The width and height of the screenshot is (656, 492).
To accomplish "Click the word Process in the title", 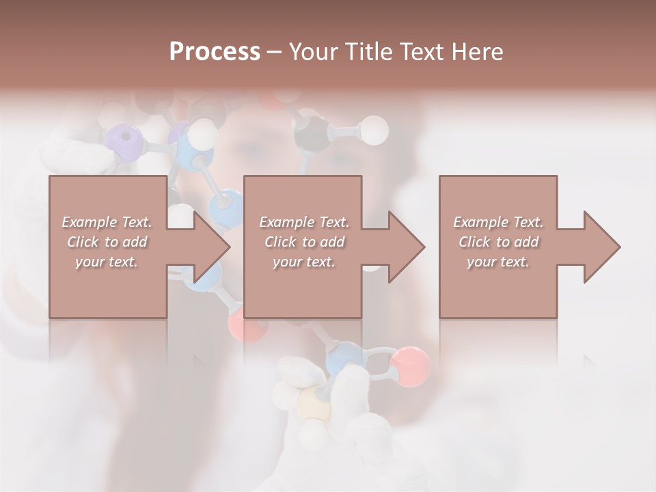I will [x=215, y=52].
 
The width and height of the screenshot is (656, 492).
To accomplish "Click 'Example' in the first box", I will [x=90, y=222].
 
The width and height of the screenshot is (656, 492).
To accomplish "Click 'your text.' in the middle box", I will [x=304, y=262].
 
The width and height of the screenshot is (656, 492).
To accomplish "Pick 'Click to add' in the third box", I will [x=498, y=242].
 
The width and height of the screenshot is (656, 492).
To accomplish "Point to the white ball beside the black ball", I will [x=373, y=130].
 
